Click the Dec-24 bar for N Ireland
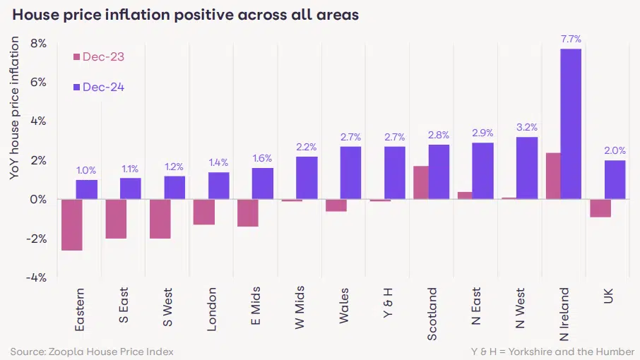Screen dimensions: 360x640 (x=571, y=124)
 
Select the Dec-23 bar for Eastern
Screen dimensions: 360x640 (x=72, y=224)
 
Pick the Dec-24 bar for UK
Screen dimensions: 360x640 (x=615, y=179)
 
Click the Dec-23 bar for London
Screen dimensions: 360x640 (x=203, y=212)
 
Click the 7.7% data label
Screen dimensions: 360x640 (x=571, y=39)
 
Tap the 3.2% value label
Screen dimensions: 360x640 (x=527, y=127)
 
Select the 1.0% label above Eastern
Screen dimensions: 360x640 (x=87, y=170)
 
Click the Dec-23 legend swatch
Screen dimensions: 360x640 (x=76, y=57)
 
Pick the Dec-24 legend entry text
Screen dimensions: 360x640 (x=103, y=87)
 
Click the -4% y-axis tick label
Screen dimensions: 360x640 (x=35, y=277)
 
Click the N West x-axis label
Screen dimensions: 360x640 (x=520, y=308)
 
